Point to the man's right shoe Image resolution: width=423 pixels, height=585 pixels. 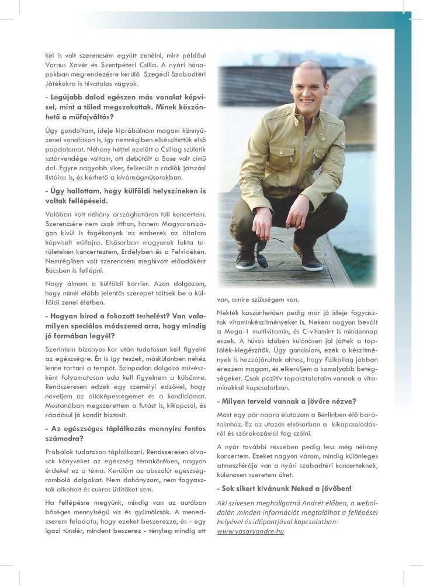(246, 257)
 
